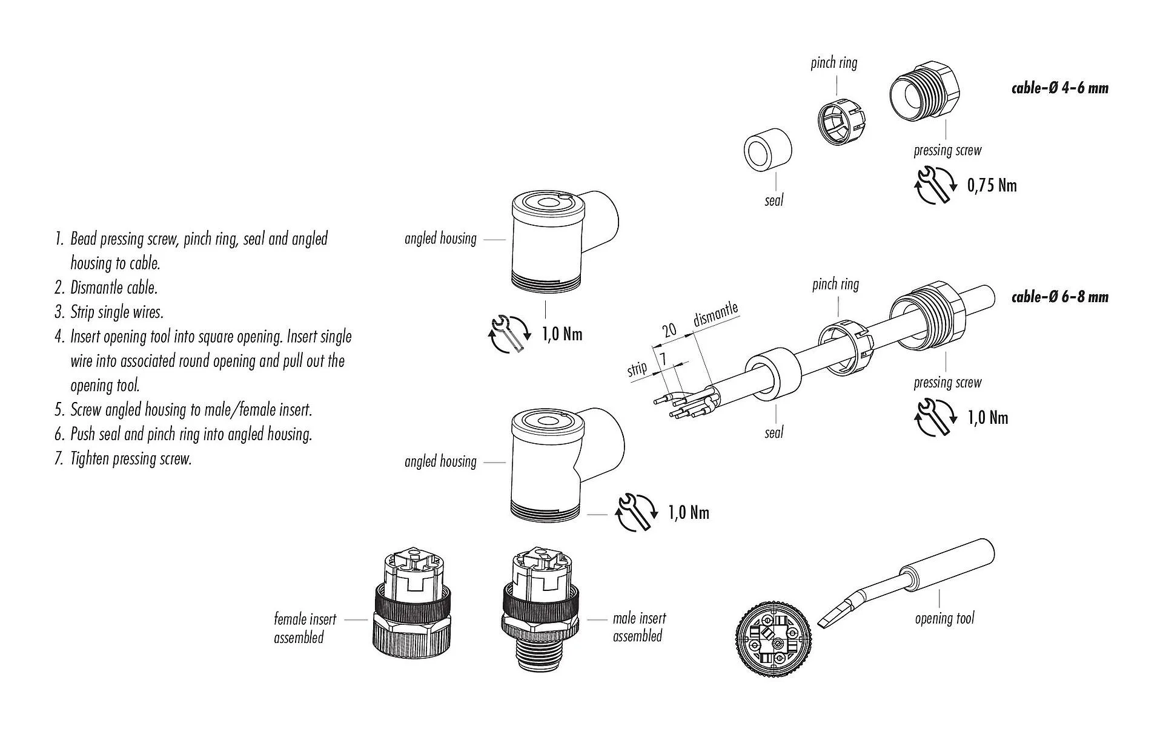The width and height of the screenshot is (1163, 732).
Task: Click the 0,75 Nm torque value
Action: pyautogui.click(x=992, y=185)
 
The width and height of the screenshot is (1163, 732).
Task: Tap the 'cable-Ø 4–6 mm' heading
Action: pyautogui.click(x=1059, y=88)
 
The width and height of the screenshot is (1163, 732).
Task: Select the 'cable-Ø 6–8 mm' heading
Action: pyautogui.click(x=1059, y=297)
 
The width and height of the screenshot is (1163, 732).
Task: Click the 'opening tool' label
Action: pyautogui.click(x=944, y=618)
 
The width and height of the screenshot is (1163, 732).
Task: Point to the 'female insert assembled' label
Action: pyautogui.click(x=304, y=628)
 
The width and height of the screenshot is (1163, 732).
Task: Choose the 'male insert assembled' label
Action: pyautogui.click(x=639, y=627)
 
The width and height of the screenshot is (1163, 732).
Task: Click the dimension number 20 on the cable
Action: pyautogui.click(x=669, y=330)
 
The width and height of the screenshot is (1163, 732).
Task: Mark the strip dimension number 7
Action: pyautogui.click(x=663, y=359)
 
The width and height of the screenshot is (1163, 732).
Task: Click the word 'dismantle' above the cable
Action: pyautogui.click(x=715, y=314)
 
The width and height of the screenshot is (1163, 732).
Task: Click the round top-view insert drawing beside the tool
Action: pyautogui.click(x=774, y=647)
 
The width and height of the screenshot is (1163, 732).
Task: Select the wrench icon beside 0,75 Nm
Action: pyautogui.click(x=934, y=185)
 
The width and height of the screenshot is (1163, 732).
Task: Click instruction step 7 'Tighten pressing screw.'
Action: pyautogui.click(x=130, y=459)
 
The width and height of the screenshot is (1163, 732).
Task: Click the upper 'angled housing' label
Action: pyautogui.click(x=440, y=239)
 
